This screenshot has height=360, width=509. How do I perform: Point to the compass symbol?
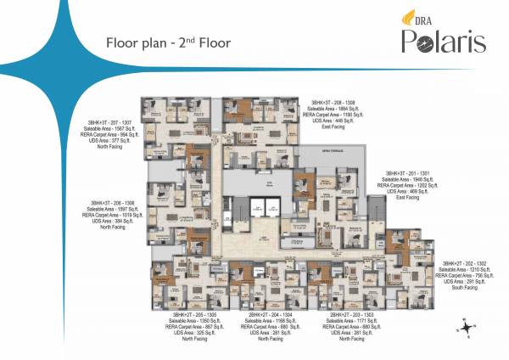[467, 324]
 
